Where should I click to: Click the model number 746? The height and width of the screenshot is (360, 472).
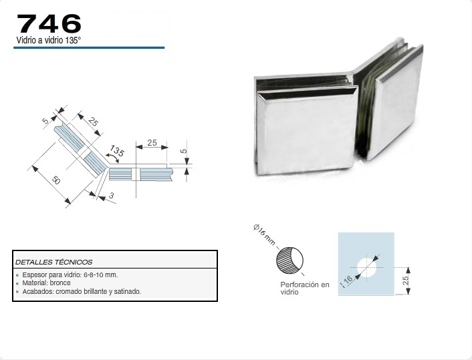[49, 24]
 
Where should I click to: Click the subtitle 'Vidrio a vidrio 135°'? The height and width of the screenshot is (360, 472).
[49, 40]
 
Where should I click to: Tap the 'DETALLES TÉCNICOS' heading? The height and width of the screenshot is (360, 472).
[54, 262]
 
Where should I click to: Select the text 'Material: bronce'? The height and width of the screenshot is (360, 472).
[46, 283]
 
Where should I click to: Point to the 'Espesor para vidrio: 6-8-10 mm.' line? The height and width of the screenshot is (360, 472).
[70, 275]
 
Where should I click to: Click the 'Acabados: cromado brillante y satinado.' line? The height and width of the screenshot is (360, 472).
[82, 291]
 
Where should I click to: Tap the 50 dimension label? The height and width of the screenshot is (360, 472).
[55, 180]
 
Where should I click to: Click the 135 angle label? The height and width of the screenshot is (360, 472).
[117, 151]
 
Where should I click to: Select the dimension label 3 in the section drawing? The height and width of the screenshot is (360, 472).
[112, 196]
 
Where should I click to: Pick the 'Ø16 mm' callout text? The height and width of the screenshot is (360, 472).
[264, 234]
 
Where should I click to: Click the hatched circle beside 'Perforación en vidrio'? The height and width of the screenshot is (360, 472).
[289, 260]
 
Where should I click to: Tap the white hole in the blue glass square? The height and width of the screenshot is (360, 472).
[367, 267]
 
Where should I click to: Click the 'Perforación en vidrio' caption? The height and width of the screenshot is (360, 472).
[305, 288]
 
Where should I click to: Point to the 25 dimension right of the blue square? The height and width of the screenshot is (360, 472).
[406, 281]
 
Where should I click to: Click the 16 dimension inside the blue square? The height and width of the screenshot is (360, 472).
[348, 280]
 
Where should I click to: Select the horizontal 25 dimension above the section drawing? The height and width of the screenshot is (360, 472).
[152, 142]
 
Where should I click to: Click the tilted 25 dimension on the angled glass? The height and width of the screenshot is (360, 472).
[94, 122]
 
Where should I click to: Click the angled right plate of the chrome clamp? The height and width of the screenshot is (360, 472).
[395, 103]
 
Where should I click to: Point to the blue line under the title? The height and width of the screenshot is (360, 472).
[89, 47]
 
